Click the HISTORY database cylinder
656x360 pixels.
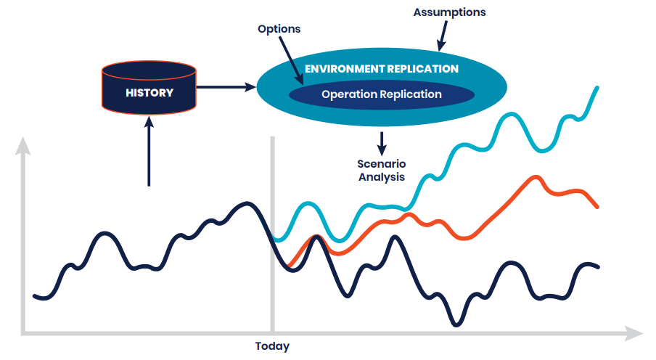[149, 88]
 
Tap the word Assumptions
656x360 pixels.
[450, 12]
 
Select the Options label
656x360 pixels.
[279, 29]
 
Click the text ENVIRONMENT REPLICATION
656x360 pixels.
[382, 69]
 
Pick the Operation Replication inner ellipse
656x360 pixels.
[382, 94]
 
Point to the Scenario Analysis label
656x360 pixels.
[382, 171]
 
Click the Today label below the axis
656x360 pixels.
[272, 346]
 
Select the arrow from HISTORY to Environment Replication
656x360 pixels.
[226, 87]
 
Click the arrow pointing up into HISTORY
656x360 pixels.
[149, 152]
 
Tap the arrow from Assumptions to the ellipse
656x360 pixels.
[443, 36]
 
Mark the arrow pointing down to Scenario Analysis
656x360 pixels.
[382, 144]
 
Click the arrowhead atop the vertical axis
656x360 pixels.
[23, 145]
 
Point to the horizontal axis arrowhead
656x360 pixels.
[634, 334]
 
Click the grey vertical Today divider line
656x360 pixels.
[272, 234]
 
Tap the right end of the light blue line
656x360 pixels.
[597, 88]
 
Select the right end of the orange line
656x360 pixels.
[597, 207]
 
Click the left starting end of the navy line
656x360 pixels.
[35, 296]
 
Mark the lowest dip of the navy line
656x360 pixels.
[456, 324]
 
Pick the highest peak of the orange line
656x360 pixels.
[536, 177]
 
